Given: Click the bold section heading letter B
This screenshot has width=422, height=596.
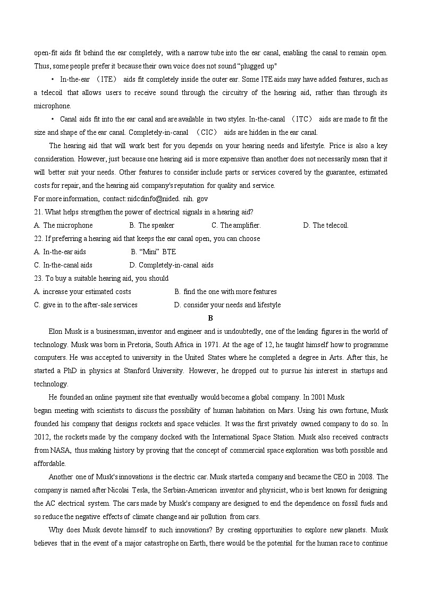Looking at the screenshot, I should pos(210,318).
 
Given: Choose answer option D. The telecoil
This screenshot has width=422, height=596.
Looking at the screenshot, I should pos(326,226).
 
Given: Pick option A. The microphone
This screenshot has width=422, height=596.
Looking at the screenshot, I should pos(63,226).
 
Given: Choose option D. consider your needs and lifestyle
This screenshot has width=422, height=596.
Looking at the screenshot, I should pos(227,305).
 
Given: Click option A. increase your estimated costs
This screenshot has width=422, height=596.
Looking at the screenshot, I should pos(82,292).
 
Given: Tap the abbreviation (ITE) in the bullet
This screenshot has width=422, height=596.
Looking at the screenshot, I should pos(107,80).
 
